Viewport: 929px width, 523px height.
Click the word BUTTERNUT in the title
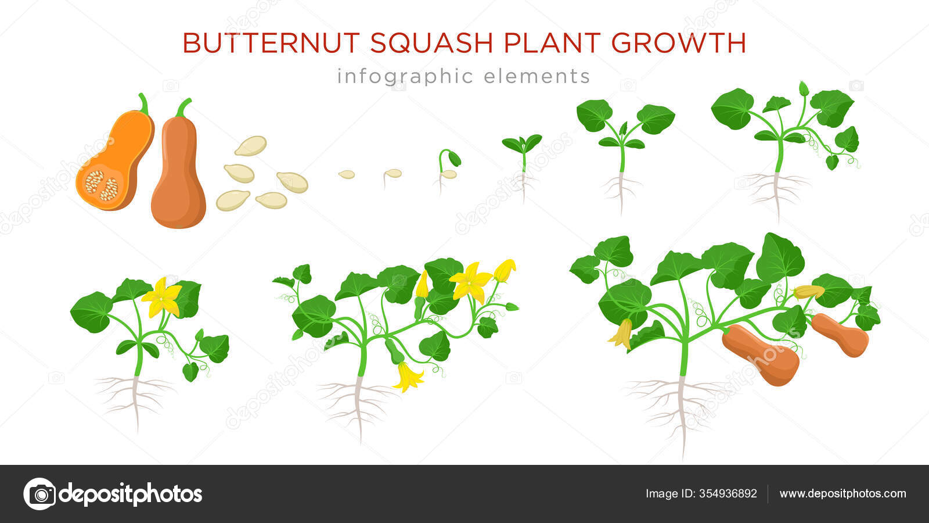click(x=271, y=43)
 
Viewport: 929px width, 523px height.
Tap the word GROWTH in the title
click(x=679, y=43)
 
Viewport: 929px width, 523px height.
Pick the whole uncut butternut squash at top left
click(x=178, y=168)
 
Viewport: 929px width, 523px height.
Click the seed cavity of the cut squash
click(x=102, y=185)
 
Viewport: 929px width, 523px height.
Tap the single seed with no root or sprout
click(x=347, y=174)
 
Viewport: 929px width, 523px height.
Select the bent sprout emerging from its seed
click(x=449, y=166)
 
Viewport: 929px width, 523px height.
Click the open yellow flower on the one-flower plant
click(x=162, y=298)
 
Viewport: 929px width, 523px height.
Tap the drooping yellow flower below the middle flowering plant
click(x=408, y=376)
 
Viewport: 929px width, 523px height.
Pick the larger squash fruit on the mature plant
click(x=761, y=355)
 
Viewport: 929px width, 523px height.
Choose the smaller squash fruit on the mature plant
click(x=840, y=335)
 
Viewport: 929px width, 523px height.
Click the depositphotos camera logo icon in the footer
click(x=39, y=494)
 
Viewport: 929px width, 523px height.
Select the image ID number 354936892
click(x=728, y=493)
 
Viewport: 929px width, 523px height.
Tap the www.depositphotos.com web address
click(x=842, y=494)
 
